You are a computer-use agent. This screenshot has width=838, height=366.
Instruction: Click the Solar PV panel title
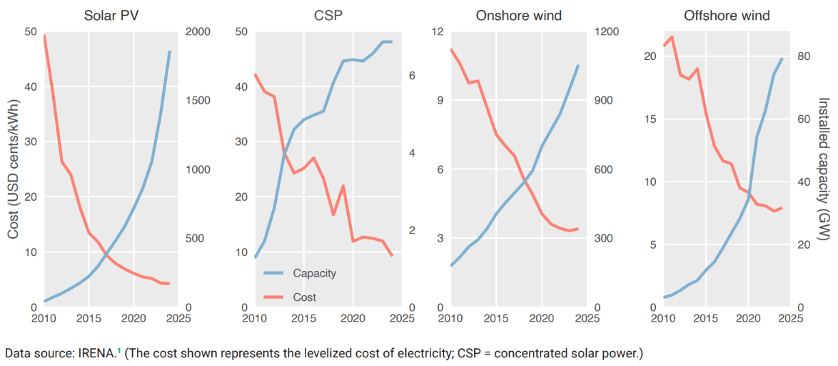111,15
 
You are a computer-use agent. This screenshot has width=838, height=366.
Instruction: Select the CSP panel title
328,15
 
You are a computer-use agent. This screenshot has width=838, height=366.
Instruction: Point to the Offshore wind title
727,15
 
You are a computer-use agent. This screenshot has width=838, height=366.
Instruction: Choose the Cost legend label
305,297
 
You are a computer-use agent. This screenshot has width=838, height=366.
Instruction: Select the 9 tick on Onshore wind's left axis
440,101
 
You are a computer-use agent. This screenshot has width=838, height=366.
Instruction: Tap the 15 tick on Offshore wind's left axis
650,119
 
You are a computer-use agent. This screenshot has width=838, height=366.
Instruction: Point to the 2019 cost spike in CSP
343,186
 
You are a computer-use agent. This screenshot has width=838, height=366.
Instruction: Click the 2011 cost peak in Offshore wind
672,36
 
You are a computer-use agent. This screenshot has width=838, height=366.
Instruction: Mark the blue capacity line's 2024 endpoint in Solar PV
170,51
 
